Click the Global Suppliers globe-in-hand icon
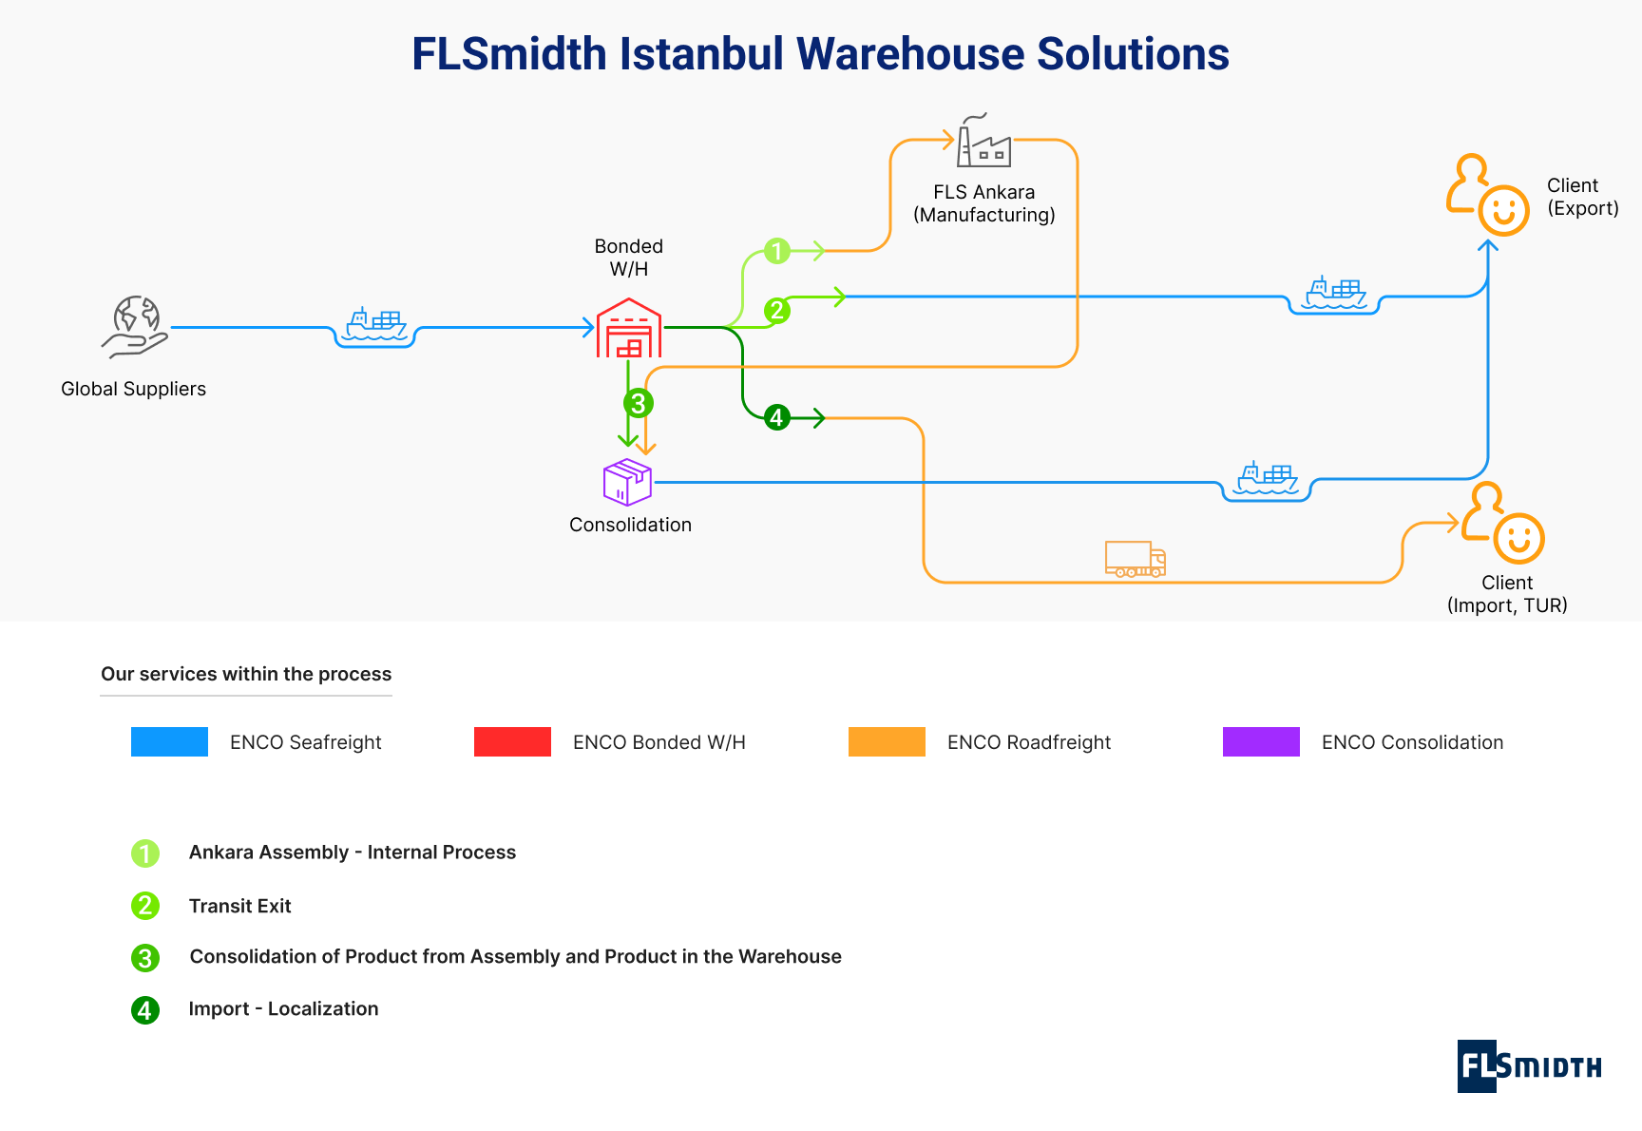[x=136, y=327]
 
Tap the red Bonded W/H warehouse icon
[x=628, y=329]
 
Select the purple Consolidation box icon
[x=627, y=482]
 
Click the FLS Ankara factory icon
[x=983, y=143]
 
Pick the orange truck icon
[x=1135, y=559]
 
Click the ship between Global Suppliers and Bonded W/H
[x=376, y=326]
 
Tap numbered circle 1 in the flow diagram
[x=777, y=251]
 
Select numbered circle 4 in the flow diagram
[x=777, y=417]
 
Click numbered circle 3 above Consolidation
[x=639, y=404]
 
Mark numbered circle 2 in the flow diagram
[x=777, y=311]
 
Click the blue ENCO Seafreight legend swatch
[x=169, y=742]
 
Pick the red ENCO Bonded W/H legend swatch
[x=512, y=742]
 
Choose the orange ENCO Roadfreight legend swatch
[x=887, y=742]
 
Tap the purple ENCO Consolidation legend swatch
[x=1261, y=742]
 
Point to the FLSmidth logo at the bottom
[x=1529, y=1066]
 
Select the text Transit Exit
[x=239, y=906]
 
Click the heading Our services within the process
[x=246, y=674]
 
